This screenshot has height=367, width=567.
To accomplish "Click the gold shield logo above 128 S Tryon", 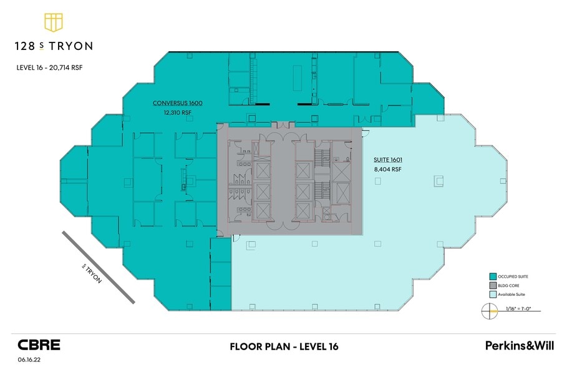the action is pyautogui.click(x=54, y=22).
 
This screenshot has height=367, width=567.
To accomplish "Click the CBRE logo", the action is pyautogui.click(x=39, y=345).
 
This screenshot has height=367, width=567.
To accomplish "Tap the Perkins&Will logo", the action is pyautogui.click(x=519, y=345).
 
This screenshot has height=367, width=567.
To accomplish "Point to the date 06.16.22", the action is pyautogui.click(x=29, y=360).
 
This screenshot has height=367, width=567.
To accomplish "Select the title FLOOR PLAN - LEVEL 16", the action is pyautogui.click(x=284, y=346).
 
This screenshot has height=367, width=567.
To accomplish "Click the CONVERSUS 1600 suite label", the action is pyautogui.click(x=178, y=103).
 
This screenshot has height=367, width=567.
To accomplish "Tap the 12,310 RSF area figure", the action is pyautogui.click(x=178, y=112).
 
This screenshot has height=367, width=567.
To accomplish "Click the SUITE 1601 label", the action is pyautogui.click(x=388, y=160).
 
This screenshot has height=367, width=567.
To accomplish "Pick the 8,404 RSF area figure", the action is pyautogui.click(x=387, y=169).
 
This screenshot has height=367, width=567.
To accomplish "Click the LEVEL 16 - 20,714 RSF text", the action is pyautogui.click(x=49, y=67).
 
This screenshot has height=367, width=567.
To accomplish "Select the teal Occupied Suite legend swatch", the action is pyautogui.click(x=493, y=276).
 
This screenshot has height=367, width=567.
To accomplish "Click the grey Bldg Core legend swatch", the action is pyautogui.click(x=493, y=286).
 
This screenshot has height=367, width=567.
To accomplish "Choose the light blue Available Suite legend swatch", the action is pyautogui.click(x=493, y=294).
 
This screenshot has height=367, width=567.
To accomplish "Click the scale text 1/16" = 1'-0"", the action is pyautogui.click(x=518, y=309).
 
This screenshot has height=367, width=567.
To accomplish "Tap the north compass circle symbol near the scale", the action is pyautogui.click(x=490, y=311).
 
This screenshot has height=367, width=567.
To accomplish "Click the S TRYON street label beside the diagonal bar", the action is pyautogui.click(x=92, y=273).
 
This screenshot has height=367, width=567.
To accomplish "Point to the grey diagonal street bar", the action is pyautogui.click(x=99, y=268).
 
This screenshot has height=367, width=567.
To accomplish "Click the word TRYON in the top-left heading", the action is pyautogui.click(x=71, y=46).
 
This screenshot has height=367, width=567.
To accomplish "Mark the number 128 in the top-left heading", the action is pyautogui.click(x=25, y=46).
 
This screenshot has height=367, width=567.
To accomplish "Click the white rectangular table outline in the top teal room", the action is pyautogui.click(x=298, y=78).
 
